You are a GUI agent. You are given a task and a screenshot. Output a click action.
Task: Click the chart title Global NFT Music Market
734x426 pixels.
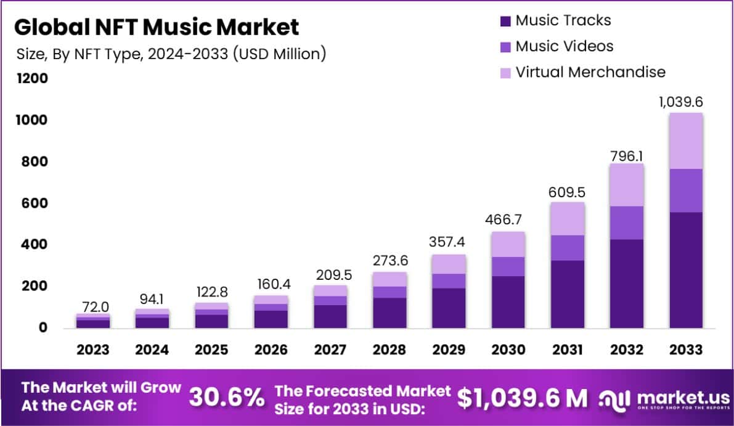pos(157,27)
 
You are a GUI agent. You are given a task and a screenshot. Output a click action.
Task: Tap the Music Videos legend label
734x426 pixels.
pos(564,46)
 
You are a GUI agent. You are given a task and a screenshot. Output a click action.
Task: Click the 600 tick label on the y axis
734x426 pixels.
pos(35,203)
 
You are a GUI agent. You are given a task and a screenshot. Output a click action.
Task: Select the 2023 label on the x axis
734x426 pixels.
pos(93,350)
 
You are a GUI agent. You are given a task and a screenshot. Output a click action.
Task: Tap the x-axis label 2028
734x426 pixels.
pos(389,350)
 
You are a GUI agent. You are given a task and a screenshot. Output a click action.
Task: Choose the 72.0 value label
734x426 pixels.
pos(94,306)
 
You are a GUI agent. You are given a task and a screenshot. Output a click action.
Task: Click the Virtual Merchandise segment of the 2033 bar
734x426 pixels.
pos(685,141)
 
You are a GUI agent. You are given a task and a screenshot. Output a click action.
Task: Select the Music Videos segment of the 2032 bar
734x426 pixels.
pos(626,223)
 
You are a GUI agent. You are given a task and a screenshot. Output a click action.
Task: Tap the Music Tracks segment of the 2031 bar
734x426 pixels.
pos(567,294)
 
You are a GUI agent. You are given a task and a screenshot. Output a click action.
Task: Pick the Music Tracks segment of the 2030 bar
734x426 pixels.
pos(508,302)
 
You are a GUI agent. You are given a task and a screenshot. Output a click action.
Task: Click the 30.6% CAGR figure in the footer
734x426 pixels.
pos(226,398)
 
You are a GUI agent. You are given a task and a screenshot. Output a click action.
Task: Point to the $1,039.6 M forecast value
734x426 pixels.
pos(522,398)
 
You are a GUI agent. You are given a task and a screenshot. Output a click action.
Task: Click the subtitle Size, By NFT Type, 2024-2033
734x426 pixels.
pos(171,54)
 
